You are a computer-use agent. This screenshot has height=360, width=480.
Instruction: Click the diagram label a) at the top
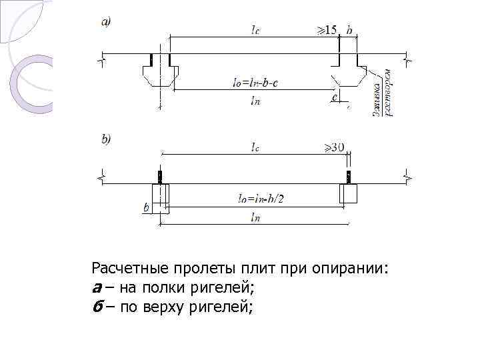click(x=106, y=21)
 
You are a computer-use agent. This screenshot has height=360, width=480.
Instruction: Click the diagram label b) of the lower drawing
click(x=106, y=139)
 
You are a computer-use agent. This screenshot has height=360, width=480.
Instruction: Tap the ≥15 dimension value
click(x=327, y=30)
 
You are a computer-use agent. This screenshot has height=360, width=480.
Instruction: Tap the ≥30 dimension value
click(x=333, y=147)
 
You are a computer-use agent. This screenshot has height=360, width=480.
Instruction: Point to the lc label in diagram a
click(x=255, y=29)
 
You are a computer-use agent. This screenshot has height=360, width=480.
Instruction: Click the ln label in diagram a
click(x=255, y=101)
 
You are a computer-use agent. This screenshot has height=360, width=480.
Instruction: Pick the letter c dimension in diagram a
click(x=334, y=97)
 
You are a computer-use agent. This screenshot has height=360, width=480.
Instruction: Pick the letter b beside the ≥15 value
click(x=349, y=30)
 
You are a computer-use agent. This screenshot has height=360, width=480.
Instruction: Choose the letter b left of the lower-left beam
click(x=146, y=208)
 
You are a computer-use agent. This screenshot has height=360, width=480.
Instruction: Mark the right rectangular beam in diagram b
click(x=348, y=193)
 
